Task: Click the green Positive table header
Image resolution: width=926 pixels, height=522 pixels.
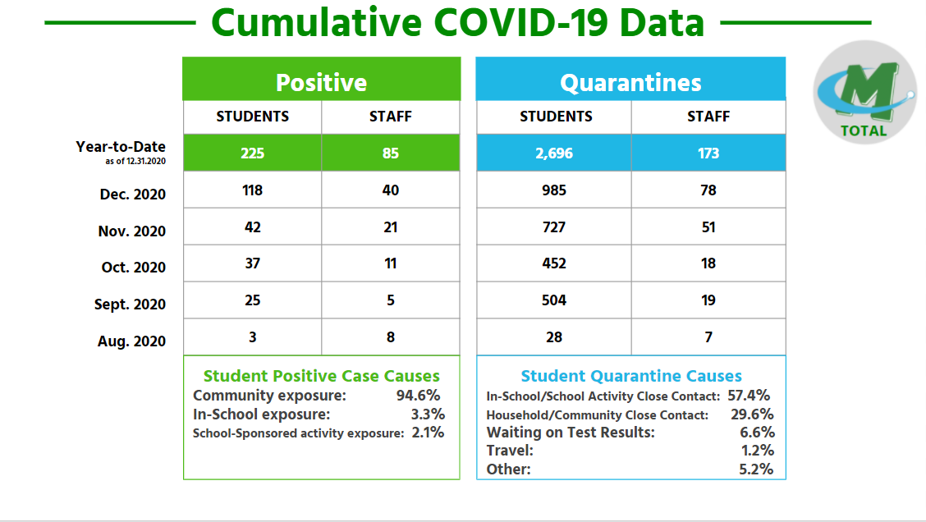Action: click(x=321, y=82)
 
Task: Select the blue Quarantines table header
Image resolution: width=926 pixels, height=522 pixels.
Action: click(x=630, y=82)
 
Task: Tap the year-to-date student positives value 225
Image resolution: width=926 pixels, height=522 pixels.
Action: click(x=252, y=153)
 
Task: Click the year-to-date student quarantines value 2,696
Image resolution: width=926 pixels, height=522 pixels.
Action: click(x=555, y=153)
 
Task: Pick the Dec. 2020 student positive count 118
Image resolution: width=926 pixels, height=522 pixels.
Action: click(x=252, y=190)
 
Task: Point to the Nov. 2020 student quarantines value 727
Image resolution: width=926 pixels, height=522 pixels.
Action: click(x=554, y=227)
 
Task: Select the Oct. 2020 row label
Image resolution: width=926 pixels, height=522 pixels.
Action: click(x=132, y=268)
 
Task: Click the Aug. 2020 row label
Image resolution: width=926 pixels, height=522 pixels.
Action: click(x=131, y=341)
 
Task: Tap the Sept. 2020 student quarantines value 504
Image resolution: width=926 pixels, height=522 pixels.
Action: click(x=554, y=300)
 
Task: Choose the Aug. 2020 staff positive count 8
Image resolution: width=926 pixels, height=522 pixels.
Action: click(x=391, y=337)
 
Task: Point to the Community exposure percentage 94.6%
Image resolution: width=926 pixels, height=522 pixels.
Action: click(x=419, y=396)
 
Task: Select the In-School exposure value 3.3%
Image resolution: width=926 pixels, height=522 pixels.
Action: click(x=428, y=414)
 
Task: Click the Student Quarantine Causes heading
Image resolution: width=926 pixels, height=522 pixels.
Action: click(x=631, y=377)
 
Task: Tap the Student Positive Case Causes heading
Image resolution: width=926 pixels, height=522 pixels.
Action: click(x=322, y=377)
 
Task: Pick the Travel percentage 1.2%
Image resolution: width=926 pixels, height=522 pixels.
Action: click(x=758, y=451)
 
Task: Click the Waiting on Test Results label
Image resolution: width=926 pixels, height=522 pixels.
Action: click(x=571, y=433)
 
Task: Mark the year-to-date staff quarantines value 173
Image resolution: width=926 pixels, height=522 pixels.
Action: click(x=708, y=153)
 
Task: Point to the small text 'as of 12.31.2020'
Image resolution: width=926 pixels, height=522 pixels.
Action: click(x=135, y=161)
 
